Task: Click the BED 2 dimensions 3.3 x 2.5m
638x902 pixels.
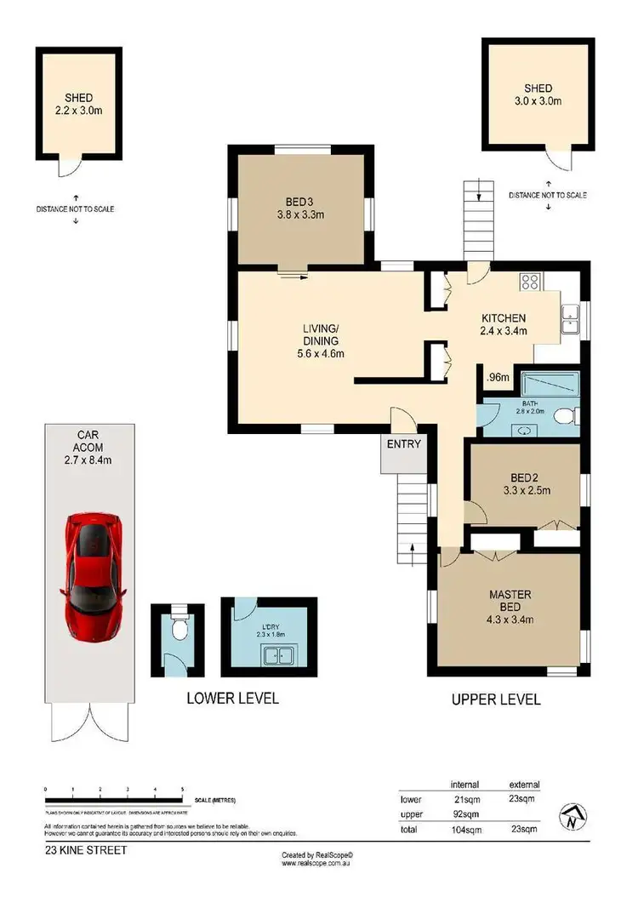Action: pos(527,490)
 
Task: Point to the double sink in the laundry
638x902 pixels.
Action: pos(279,656)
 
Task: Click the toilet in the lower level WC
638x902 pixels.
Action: pos(177,631)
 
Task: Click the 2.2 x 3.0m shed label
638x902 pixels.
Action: pos(77,110)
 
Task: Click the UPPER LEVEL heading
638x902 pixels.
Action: pos(496,699)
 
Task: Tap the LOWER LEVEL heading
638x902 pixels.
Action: pos(232,699)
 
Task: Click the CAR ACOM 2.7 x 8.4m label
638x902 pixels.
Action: pos(88,453)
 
